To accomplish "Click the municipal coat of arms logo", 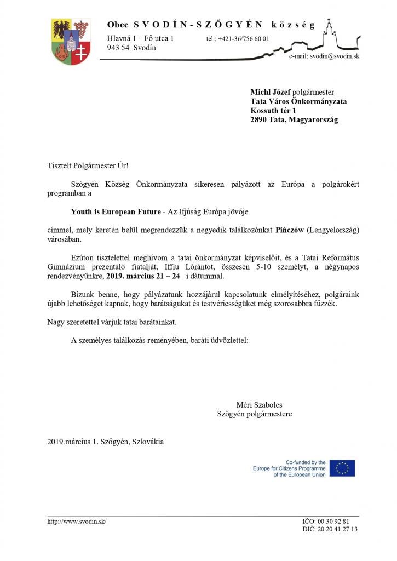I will click(x=70, y=42).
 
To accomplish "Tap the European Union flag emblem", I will click(x=342, y=468).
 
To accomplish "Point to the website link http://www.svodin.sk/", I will click(x=77, y=521).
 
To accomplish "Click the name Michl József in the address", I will click(x=271, y=92).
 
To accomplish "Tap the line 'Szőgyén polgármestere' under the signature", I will click(x=255, y=414).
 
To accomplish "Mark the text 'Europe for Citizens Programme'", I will click(x=289, y=468).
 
